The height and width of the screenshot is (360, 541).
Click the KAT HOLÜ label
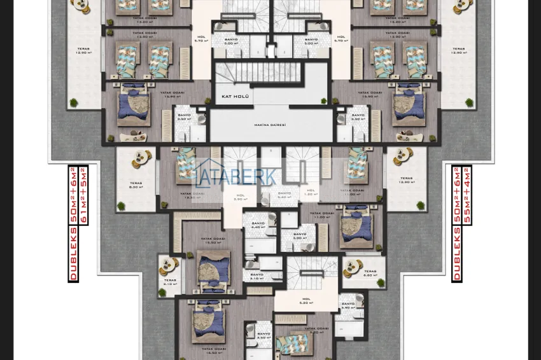click(x=234, y=96)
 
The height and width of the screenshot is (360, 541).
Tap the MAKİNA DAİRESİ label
click(x=270, y=125)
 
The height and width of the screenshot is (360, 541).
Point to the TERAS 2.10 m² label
click(x=169, y=281)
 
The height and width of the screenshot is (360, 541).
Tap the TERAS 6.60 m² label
click(x=370, y=273)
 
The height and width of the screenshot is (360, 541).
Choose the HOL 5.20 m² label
click(x=306, y=301)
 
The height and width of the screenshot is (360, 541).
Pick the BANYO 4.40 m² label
click(x=258, y=225)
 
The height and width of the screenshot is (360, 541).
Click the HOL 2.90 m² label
click(x=240, y=197)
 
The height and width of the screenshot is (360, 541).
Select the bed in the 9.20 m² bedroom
click(x=293, y=343)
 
